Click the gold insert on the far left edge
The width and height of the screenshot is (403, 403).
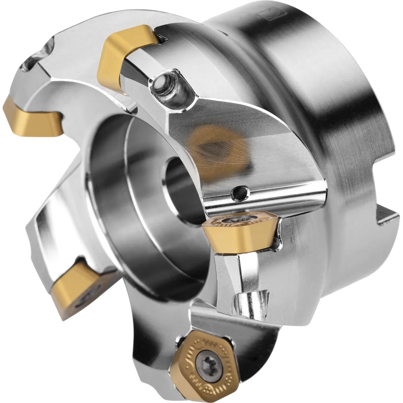pyautogui.click(x=30, y=117)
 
